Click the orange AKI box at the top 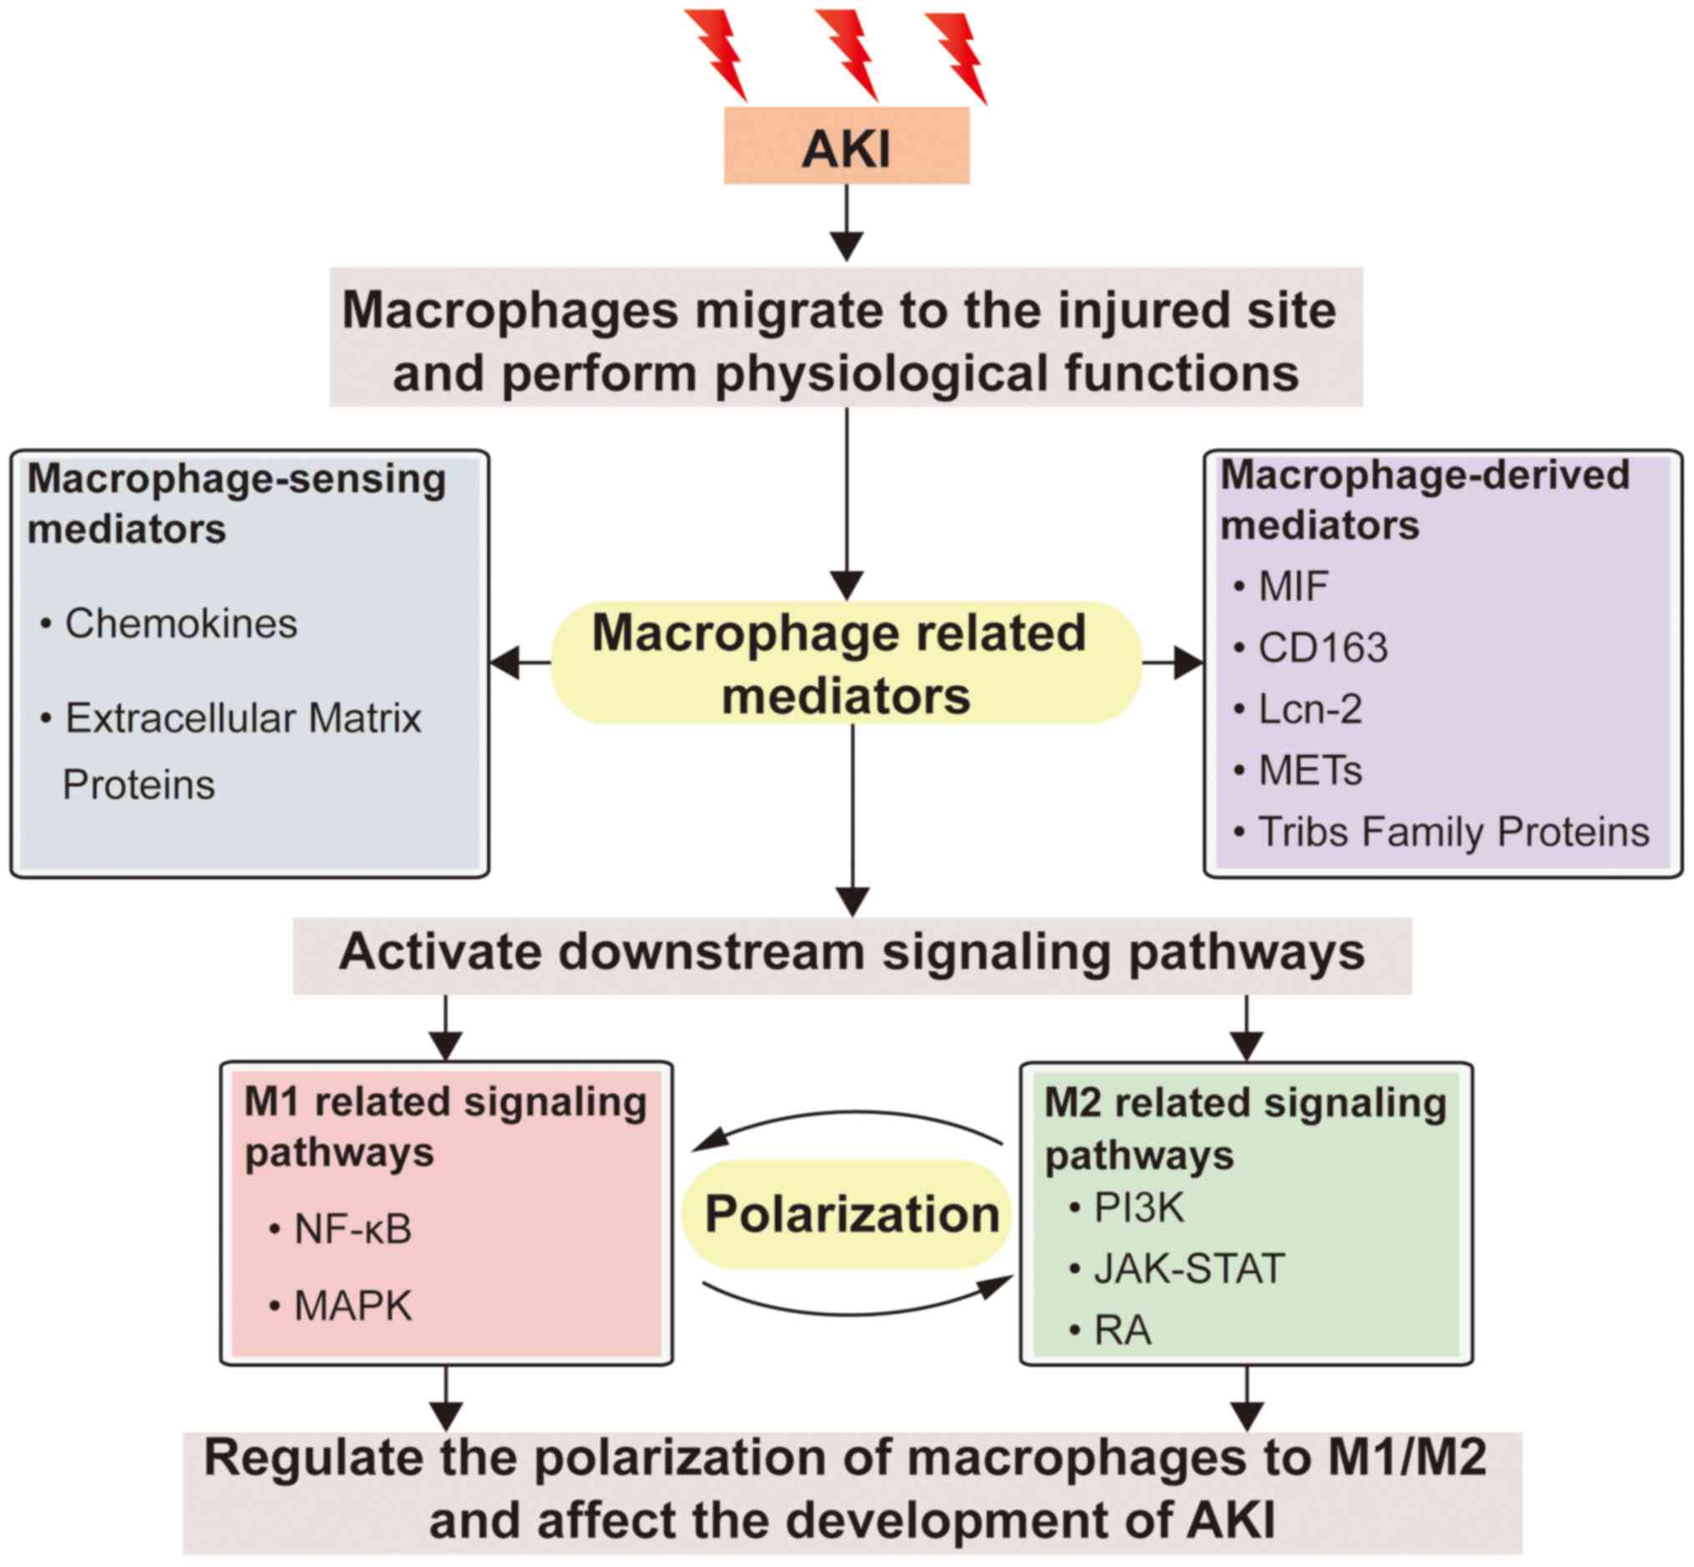(846, 146)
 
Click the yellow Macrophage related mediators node (845, 663)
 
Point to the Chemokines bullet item (181, 624)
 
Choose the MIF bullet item (1293, 587)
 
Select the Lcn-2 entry (1310, 709)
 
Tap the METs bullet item (1310, 771)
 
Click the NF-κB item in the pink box (352, 1228)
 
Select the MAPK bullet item (352, 1306)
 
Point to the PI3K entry (1138, 1208)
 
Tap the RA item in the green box (1122, 1329)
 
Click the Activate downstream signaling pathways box (852, 953)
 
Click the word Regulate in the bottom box (310, 1459)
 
